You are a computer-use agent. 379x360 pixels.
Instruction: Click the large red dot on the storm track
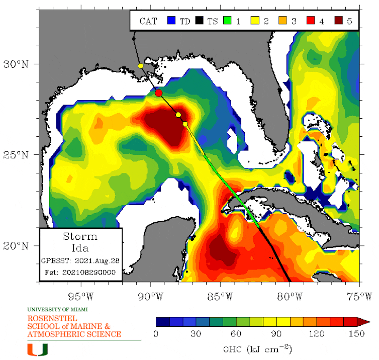[159, 93]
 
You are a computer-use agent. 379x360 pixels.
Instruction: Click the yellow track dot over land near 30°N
[141, 66]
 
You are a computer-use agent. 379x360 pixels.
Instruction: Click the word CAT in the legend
[148, 21]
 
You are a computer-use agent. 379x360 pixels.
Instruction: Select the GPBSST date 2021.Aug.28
[80, 260]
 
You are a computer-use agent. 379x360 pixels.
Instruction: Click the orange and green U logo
[38, 349]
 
